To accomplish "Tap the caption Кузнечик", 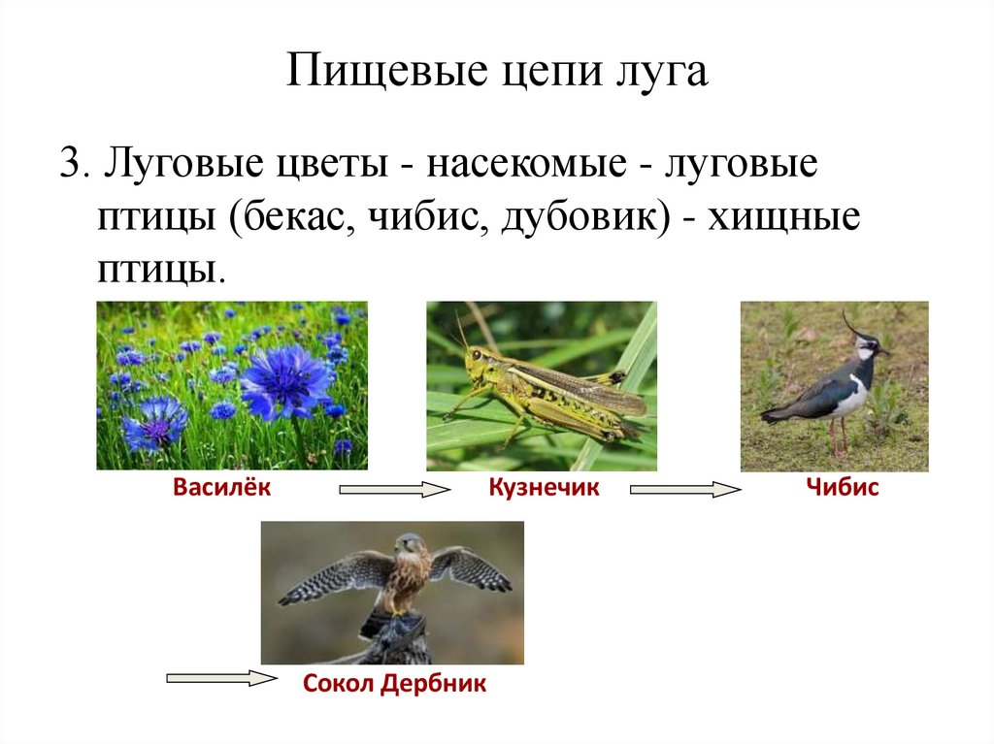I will pyautogui.click(x=544, y=488).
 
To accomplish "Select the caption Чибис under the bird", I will pyautogui.click(x=842, y=488).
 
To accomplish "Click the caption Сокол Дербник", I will pyautogui.click(x=394, y=684).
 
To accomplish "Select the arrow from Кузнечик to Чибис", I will pyautogui.click(x=685, y=491).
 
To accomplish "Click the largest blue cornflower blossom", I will pyautogui.click(x=286, y=380).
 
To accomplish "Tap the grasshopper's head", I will pyautogui.click(x=477, y=364).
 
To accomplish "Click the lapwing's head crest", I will pyautogui.click(x=850, y=324).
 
